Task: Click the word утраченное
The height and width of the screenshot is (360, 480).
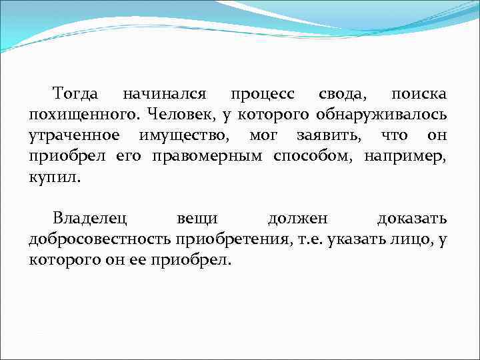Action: point(74,137)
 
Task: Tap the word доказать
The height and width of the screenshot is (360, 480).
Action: point(411,218)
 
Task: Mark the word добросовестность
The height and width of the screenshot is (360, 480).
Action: point(99,239)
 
